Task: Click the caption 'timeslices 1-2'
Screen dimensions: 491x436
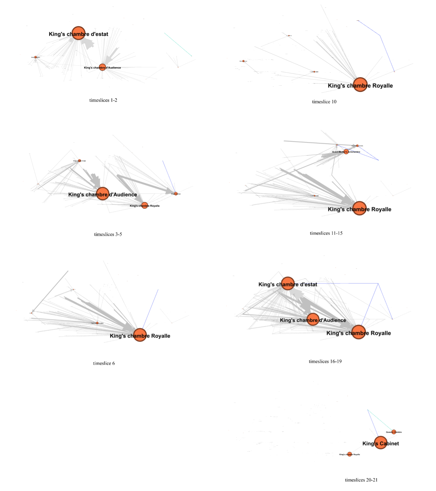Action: point(103,100)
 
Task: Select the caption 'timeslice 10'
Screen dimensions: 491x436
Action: point(324,102)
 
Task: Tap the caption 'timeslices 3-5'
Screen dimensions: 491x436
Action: point(108,234)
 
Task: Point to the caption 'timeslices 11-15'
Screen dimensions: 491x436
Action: point(326,233)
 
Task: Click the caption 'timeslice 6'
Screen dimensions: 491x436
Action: point(104,363)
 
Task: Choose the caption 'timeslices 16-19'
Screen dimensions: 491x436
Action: point(325,361)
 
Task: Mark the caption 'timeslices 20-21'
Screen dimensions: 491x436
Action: point(361,480)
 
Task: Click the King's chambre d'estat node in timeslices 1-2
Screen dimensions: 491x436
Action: point(78,33)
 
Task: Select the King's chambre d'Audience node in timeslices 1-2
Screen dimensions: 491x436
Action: point(102,67)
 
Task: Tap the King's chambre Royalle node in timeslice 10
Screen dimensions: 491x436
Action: point(360,84)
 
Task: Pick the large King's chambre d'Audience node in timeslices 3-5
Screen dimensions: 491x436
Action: point(102,193)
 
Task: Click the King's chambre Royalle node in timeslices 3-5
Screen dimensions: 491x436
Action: point(144,205)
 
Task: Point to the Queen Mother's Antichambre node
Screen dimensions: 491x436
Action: point(346,151)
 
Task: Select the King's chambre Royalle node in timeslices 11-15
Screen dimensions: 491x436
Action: point(359,208)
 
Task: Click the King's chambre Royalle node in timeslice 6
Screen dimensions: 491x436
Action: point(140,335)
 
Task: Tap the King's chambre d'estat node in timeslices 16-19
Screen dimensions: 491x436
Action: point(288,283)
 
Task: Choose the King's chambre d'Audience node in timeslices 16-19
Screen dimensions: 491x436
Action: point(313,319)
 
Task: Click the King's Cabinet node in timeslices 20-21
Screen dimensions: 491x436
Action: point(380,442)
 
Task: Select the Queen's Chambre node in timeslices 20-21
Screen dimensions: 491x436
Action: point(394,432)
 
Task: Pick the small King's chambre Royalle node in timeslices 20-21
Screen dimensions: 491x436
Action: point(349,454)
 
